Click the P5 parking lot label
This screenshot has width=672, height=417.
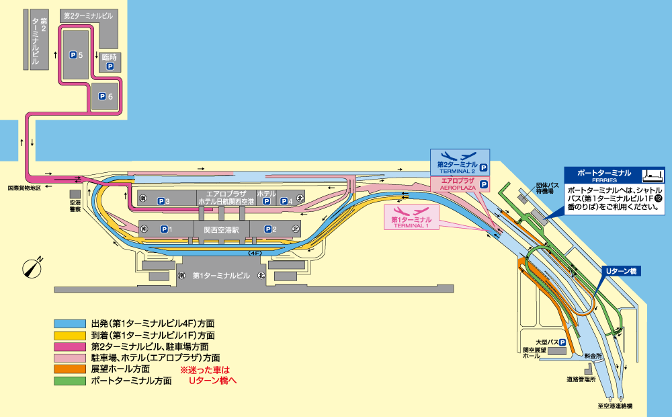tap(77, 55)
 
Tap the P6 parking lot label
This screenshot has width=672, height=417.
tap(106, 97)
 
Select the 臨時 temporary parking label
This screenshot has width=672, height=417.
tap(110, 57)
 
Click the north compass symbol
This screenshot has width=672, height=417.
tap(32, 268)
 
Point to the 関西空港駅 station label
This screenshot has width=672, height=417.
tap(221, 230)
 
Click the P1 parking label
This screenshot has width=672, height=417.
tap(166, 229)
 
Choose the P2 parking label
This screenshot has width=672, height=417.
tap(270, 229)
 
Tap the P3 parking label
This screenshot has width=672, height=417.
tap(163, 201)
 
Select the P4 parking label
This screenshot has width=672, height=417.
tap(286, 201)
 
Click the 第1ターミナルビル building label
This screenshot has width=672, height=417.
tap(221, 276)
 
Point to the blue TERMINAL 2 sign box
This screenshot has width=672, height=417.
tap(460, 161)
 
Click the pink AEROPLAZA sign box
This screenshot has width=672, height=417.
tap(460, 184)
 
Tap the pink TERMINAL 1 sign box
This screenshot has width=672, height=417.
tap(411, 217)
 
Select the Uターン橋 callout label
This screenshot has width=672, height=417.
tap(621, 271)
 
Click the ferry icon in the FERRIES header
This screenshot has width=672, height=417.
tap(653, 176)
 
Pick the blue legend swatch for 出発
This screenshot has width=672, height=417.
tap(70, 324)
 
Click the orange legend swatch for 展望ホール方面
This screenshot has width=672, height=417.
tap(70, 369)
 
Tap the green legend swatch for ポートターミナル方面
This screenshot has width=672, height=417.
tap(70, 381)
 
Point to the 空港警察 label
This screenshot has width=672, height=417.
tap(75, 206)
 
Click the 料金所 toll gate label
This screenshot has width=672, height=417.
tap(593, 356)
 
